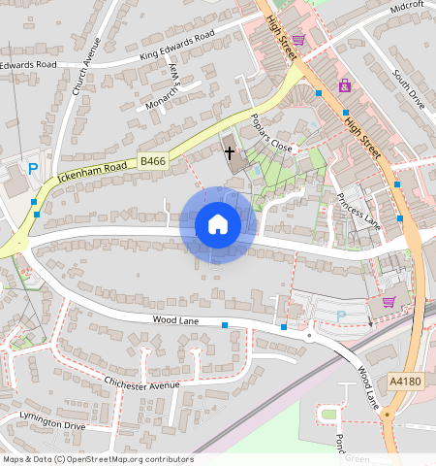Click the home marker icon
218,224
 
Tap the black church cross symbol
231,152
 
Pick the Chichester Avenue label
142,384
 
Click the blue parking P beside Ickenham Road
32,169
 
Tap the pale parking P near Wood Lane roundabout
340,316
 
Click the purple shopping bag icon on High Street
345,86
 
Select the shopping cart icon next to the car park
389,301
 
